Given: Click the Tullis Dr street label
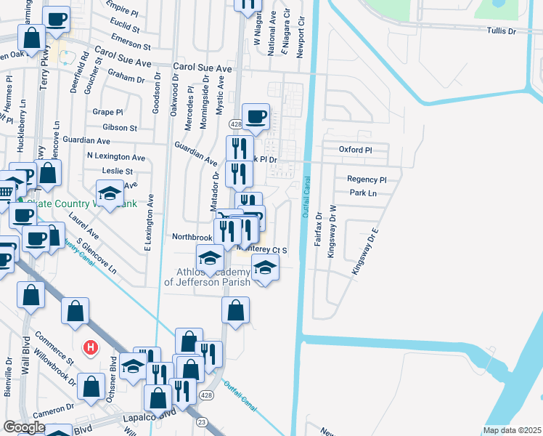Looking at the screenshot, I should coord(501,31).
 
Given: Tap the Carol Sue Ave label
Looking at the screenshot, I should coord(202,68).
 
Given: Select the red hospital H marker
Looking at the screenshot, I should coord(91,348).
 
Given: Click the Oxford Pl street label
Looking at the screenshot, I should coord(355,150).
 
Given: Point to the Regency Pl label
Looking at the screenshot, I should coord(367,179).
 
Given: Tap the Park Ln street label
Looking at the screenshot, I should coord(363,193).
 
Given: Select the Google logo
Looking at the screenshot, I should coord(24,427).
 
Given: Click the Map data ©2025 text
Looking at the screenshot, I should coord(511,430).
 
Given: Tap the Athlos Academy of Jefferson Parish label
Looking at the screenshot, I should coord(208,277).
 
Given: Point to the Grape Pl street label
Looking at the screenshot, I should coord(107,112).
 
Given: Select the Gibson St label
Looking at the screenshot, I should coord(120,127).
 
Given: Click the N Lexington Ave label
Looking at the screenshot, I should coord(115,156).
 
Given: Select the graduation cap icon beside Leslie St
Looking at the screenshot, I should coord(110,193).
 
